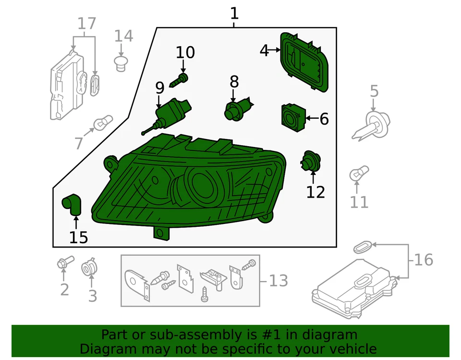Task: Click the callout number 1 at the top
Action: coord(234,13)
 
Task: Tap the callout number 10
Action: coord(185,52)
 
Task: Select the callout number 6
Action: coord(324,119)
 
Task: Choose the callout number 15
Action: coord(79,237)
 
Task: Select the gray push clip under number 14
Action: coord(122,62)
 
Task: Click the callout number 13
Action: coord(279,280)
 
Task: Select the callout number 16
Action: coord(424,260)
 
